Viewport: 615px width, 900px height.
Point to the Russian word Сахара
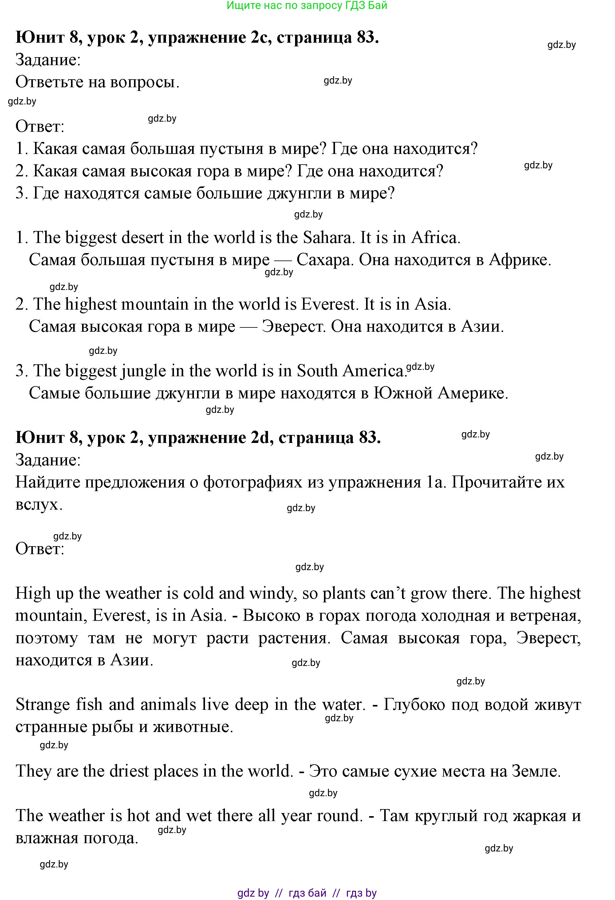coord(325,260)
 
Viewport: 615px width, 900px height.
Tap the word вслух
coord(39,505)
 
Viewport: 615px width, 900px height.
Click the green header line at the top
coord(307,6)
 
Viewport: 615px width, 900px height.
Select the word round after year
coord(340,816)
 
